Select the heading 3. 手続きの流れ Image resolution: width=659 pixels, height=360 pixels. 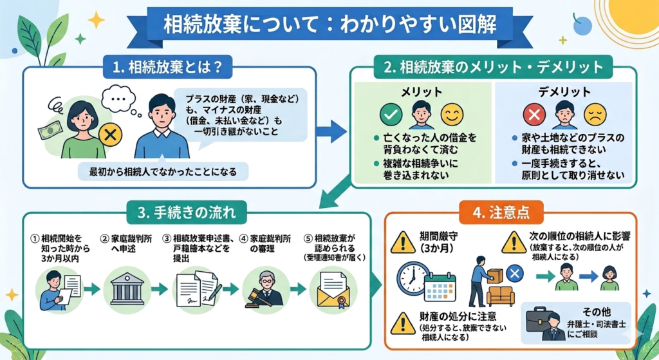tap(191, 211)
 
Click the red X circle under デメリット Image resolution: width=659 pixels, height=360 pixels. tap(535, 115)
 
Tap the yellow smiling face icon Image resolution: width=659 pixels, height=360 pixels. tap(452, 115)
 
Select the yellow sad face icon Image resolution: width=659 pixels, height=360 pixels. tap(595, 115)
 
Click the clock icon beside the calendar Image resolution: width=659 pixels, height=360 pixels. tap(412, 278)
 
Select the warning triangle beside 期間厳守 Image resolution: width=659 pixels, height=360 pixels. tap(403, 243)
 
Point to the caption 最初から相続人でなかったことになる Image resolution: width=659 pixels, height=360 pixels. tap(158, 172)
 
